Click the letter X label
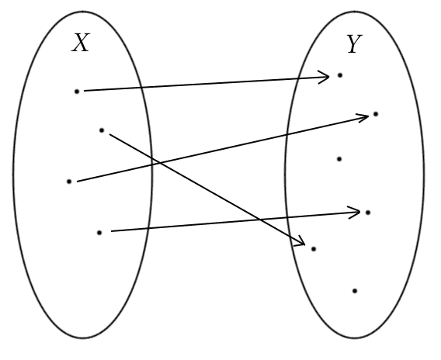tap(81, 43)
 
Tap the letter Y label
tap(354, 44)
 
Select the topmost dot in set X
tap(77, 92)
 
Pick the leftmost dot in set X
tap(69, 182)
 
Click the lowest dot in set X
tap(99, 233)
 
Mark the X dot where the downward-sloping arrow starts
tap(102, 130)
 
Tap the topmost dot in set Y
tap(340, 75)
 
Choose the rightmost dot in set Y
tap(376, 114)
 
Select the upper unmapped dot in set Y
tap(339, 159)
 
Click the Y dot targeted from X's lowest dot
tap(368, 213)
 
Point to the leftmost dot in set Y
tap(314, 249)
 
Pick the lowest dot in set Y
tap(355, 291)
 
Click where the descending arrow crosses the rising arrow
tap(159, 162)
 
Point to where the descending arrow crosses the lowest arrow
tap(260, 220)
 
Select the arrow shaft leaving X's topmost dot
tap(207, 84)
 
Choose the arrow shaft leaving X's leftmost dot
tap(223, 149)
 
